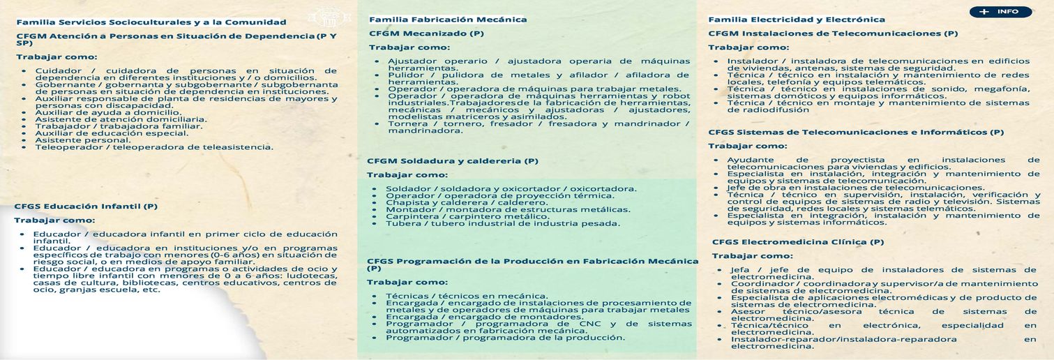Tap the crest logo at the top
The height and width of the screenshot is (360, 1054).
326,15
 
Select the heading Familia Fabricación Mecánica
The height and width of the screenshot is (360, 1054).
448,20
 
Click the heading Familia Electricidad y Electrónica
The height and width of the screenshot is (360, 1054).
797,20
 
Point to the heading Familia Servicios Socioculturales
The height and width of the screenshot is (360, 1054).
151,22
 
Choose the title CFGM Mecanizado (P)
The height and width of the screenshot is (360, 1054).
426,33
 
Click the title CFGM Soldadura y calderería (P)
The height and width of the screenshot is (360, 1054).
453,161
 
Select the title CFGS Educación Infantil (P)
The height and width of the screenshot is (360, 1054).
86,207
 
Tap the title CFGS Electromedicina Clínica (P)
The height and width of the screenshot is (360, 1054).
798,242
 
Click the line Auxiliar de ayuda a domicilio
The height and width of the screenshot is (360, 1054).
108,112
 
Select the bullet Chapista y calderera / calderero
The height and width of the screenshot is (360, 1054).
467,203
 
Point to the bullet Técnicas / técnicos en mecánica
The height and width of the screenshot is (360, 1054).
467,296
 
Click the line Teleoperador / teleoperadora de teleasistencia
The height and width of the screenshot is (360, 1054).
154,147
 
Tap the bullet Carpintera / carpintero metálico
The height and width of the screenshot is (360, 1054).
467,217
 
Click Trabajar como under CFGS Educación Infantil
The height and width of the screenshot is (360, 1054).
54,220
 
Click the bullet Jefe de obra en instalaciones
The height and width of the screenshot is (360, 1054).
856,188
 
